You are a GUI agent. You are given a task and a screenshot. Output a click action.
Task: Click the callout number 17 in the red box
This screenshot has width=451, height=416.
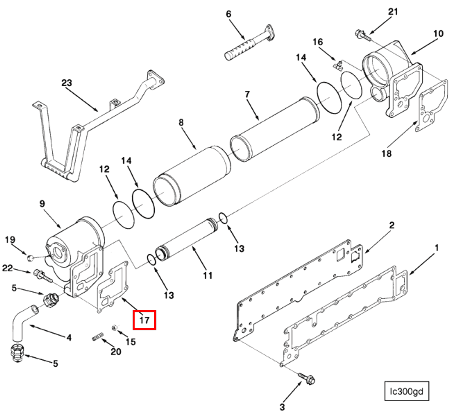pos(144,320)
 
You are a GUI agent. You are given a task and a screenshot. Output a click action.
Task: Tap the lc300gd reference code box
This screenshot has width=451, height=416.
pos(406,391)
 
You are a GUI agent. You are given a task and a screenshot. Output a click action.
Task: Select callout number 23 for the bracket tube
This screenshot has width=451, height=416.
pos(67,83)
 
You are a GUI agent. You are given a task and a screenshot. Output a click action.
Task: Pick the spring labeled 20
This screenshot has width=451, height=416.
pos(98,337)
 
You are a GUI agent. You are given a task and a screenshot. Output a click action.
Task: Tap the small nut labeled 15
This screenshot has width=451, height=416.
pos(114,327)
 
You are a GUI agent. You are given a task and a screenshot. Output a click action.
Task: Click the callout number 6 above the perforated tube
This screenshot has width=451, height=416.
pos(228,14)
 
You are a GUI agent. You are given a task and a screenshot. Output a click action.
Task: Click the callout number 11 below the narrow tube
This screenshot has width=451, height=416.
pos(208,275)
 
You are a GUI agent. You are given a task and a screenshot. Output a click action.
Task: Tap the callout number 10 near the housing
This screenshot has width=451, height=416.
pos(438,34)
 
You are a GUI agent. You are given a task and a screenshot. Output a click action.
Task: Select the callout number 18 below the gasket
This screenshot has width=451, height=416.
pos(387,153)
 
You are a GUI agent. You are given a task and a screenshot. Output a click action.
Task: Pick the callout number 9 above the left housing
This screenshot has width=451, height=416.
pos(42,204)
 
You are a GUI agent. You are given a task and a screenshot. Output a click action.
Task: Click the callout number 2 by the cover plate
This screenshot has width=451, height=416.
pos(392,225)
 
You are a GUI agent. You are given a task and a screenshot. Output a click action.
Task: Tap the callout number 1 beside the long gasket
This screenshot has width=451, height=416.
pos(437,248)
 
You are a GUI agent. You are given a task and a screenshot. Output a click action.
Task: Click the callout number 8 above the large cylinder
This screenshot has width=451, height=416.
pos(181,123)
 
